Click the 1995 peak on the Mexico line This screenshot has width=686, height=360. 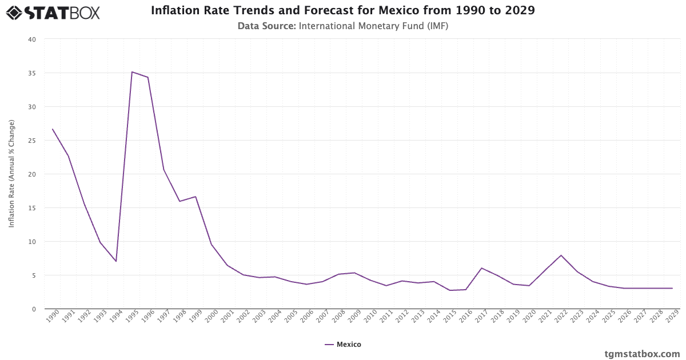[132, 72]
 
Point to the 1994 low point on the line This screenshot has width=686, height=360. [116, 261]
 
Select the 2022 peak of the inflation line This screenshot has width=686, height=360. [561, 255]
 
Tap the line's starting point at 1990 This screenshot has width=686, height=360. [53, 129]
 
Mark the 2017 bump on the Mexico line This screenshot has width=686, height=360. [482, 268]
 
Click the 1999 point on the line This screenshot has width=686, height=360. [196, 197]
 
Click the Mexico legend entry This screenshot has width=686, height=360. [343, 345]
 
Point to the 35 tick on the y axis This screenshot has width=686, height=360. [32, 73]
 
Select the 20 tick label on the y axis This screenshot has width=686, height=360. [32, 174]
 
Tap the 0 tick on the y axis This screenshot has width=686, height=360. [34, 309]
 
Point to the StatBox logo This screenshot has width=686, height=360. [53, 12]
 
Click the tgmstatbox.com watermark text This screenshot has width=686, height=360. [642, 354]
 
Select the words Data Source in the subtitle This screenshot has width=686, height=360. [266, 26]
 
